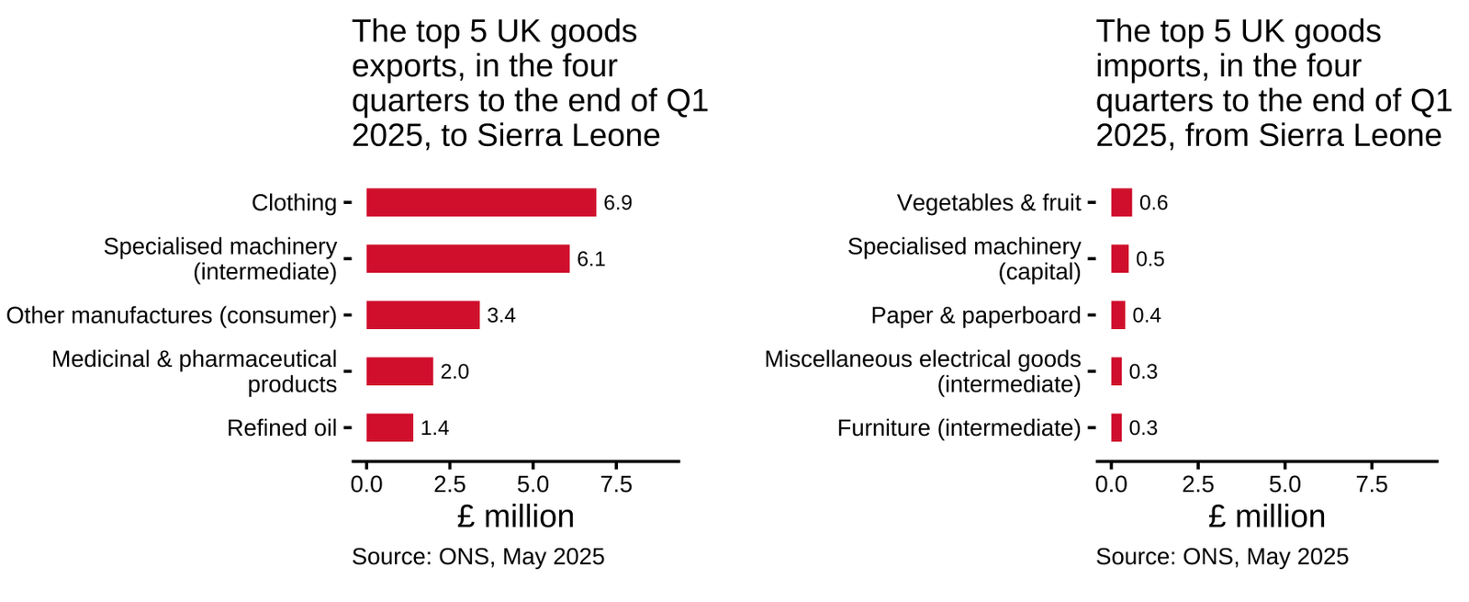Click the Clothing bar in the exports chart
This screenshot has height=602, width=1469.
[480, 202]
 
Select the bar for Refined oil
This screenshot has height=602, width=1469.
[389, 427]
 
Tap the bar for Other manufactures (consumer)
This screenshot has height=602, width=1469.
[422, 314]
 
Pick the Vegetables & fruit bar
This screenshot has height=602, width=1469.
[1121, 202]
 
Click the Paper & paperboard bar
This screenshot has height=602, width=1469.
[1117, 314]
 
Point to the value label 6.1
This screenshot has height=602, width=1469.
[590, 259]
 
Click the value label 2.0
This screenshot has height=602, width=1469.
[454, 371]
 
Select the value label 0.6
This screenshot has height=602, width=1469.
[1153, 202]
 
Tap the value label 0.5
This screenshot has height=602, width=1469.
[1149, 259]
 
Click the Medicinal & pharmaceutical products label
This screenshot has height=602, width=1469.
[195, 371]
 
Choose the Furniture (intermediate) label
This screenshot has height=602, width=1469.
[959, 427]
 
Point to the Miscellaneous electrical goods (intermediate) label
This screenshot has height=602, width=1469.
[923, 371]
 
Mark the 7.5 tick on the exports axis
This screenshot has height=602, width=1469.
[616, 484]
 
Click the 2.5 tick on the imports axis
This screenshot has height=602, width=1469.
[1198, 484]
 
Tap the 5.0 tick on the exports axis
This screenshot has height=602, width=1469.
[533, 484]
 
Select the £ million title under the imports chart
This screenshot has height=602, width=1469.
[1266, 517]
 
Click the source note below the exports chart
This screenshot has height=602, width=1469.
[477, 556]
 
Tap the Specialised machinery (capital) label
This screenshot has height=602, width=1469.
[964, 259]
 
